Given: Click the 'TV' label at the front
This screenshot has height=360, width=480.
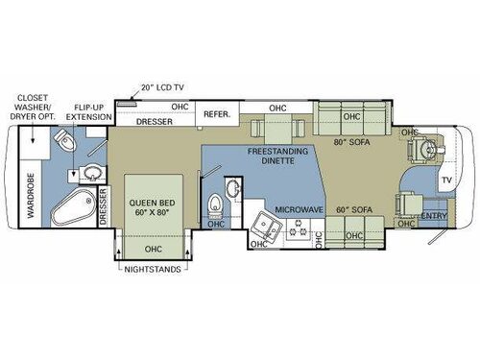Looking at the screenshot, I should coord(445,180).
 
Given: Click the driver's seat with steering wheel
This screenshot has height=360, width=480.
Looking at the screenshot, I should coord(420,151).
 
